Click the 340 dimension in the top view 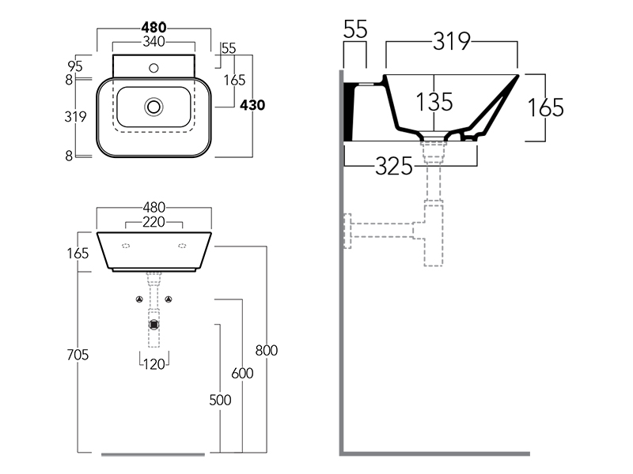[154, 42]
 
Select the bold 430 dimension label [252, 105]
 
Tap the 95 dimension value [76, 66]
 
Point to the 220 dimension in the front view [154, 223]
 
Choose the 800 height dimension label [267, 351]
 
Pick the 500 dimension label [220, 400]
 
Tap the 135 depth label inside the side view [434, 101]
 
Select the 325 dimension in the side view [394, 166]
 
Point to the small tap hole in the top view [154, 67]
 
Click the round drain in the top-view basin [154, 105]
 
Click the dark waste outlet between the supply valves [154, 323]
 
